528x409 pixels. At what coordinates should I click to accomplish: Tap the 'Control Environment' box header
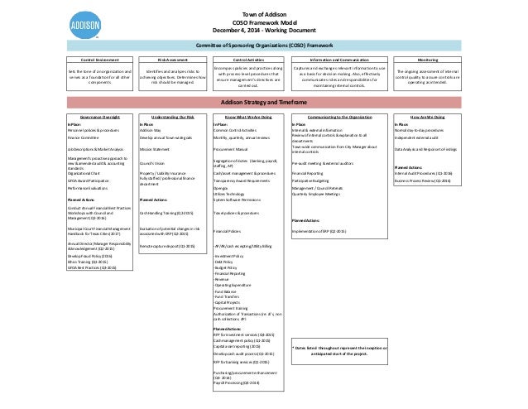(87, 61)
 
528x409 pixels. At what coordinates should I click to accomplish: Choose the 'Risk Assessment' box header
(175, 61)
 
